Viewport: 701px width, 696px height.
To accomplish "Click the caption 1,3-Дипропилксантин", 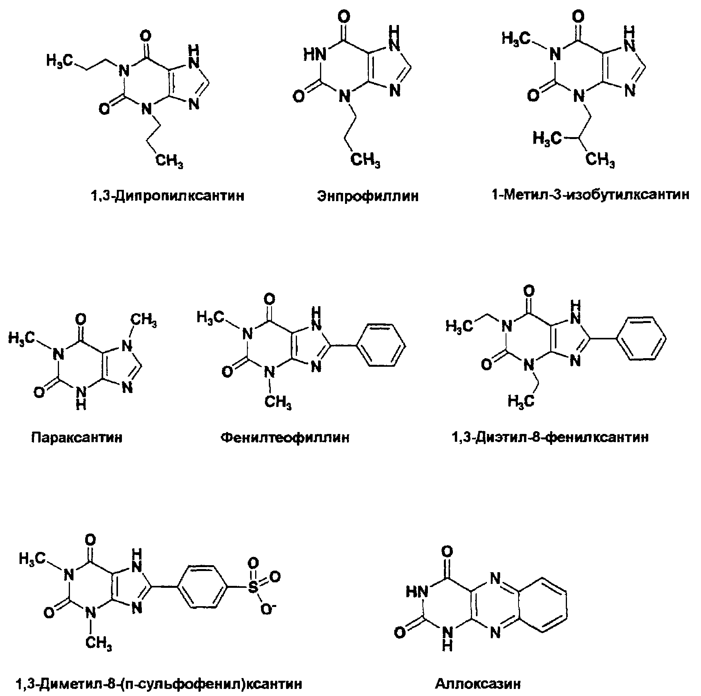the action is coord(167,195).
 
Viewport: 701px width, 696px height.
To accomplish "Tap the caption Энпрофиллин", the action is coord(368,195).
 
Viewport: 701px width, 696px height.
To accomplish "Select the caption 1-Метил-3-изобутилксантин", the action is coord(590,194).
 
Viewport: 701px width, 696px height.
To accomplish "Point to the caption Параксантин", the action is coord(77,437).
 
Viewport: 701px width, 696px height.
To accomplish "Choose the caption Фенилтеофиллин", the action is coord(285,437).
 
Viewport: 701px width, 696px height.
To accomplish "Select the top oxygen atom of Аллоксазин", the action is coord(447,551).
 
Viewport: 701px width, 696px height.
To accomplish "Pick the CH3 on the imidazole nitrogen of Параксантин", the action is coord(143,321).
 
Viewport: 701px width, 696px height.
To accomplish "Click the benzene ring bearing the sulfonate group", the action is coord(204,586).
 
